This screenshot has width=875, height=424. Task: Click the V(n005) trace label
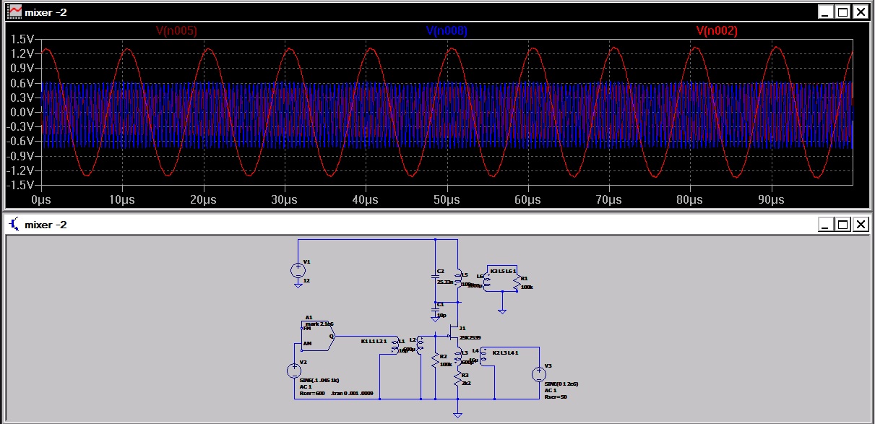pos(176,31)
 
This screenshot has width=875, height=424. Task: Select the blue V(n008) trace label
pos(446,31)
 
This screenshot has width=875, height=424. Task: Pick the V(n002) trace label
pos(717,31)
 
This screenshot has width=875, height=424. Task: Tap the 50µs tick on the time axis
pos(448,199)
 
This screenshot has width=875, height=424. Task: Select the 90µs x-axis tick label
pos(772,199)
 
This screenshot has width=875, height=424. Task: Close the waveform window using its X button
pos(860,12)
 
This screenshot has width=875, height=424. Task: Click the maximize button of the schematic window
pos(842,225)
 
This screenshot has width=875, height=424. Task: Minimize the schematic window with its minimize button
pos(825,225)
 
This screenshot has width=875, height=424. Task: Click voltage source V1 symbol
pos(298,271)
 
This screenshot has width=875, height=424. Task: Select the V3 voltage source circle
pos(539,374)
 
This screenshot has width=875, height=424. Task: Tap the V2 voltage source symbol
pos(294,371)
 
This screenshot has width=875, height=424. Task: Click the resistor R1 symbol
pos(517,283)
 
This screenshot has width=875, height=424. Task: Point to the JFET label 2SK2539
pos(470,337)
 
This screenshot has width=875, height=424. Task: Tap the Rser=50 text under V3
pos(555,397)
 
